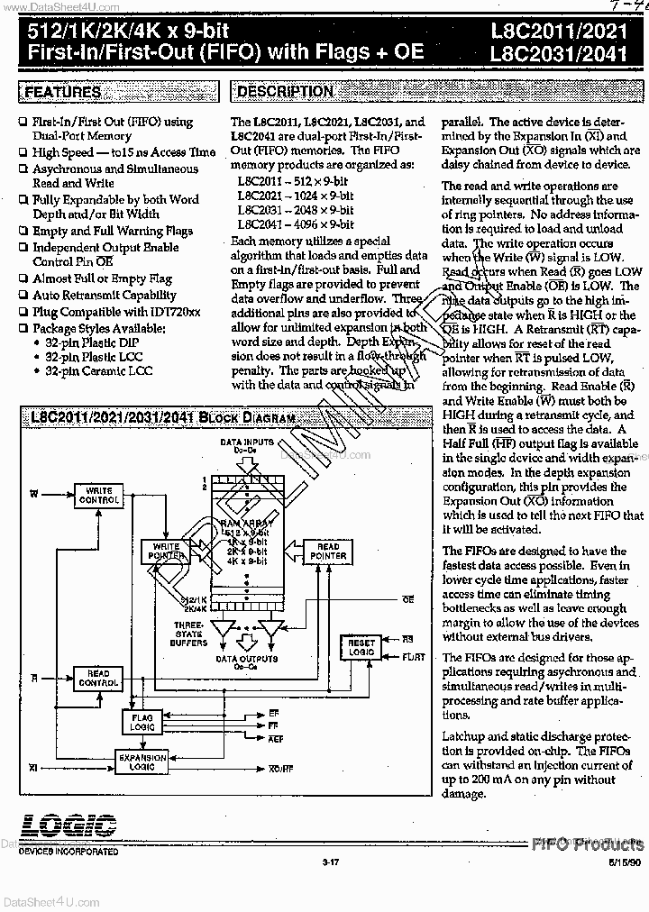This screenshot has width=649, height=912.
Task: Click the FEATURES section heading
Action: pos(62,92)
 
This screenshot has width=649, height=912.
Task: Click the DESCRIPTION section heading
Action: pos(285,91)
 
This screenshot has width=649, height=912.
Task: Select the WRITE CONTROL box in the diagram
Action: pos(98,496)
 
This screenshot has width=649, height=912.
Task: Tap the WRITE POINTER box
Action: pos(167,551)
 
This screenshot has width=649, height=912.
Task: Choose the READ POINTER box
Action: pos(328,551)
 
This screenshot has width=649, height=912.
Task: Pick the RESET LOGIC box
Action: pos(357,646)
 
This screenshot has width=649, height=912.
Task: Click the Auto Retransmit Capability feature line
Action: pos(105,295)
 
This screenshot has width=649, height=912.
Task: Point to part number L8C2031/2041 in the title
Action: pos(560,52)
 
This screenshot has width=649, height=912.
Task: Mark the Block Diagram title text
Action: pos(156,419)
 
